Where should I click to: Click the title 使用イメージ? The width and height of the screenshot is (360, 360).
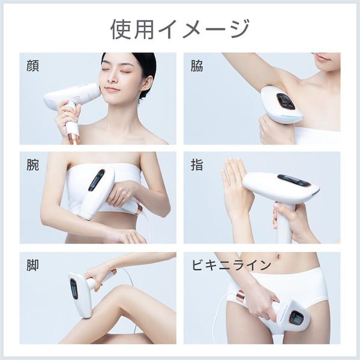coord(179,28)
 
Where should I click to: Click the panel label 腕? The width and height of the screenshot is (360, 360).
coord(34,165)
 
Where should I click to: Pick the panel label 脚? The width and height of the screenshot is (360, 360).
coord(34,265)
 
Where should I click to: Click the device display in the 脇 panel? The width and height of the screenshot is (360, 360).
coord(285,101)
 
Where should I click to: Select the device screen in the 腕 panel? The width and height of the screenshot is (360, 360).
coord(96,180)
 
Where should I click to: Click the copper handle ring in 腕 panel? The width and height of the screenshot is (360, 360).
coord(139,209)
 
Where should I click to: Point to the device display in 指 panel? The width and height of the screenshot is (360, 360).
coord(295,181)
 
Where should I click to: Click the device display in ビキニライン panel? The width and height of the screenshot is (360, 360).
coord(296,318)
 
